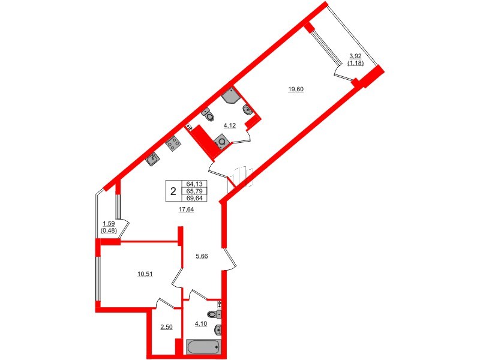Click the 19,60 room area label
(296, 89)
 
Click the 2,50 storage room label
(166, 327)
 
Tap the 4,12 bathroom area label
(229, 125)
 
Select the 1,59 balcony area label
(108, 225)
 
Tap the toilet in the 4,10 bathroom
(213, 314)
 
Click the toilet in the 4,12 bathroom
(206, 113)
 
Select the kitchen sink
(154, 158)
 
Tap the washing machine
(221, 142)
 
